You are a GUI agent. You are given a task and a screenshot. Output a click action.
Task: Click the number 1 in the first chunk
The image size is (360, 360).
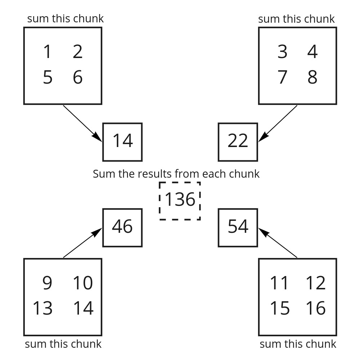tap(47, 52)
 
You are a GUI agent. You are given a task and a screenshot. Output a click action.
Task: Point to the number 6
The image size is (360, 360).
tap(77, 77)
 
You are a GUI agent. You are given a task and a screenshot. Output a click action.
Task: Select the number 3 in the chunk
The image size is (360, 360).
tap(283, 52)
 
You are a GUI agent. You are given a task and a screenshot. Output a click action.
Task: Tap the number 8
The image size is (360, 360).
tap(312, 77)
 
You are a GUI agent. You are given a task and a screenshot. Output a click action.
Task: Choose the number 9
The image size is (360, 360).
tap(47, 283)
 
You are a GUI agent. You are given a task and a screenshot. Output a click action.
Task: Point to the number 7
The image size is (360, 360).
tap(283, 77)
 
